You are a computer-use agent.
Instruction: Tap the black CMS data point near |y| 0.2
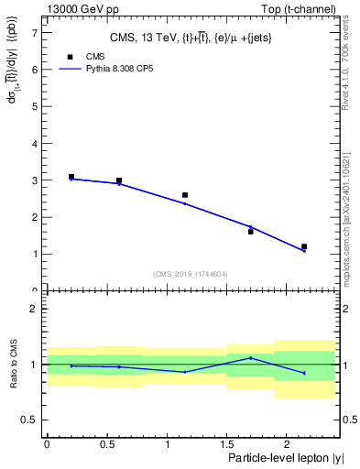71,177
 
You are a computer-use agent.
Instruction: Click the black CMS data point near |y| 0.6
119,180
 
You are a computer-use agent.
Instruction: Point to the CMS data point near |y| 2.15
304,246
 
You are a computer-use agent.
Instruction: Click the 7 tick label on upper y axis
34,33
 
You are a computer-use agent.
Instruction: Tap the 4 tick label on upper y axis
34,144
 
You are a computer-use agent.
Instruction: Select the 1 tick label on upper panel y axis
34,254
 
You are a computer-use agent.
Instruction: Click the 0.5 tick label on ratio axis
29,420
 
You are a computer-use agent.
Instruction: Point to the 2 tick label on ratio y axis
34,309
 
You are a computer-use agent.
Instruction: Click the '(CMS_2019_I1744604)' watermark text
191,274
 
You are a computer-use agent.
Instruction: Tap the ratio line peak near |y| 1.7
251,358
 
